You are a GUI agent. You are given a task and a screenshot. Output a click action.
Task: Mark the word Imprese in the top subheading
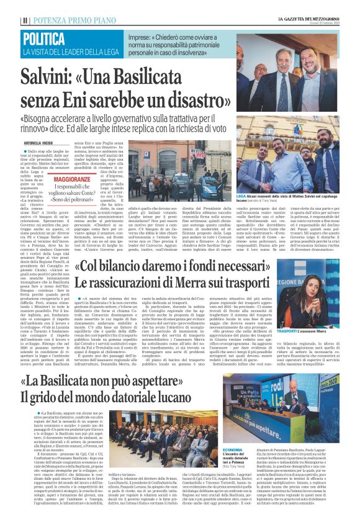click(141, 37)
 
